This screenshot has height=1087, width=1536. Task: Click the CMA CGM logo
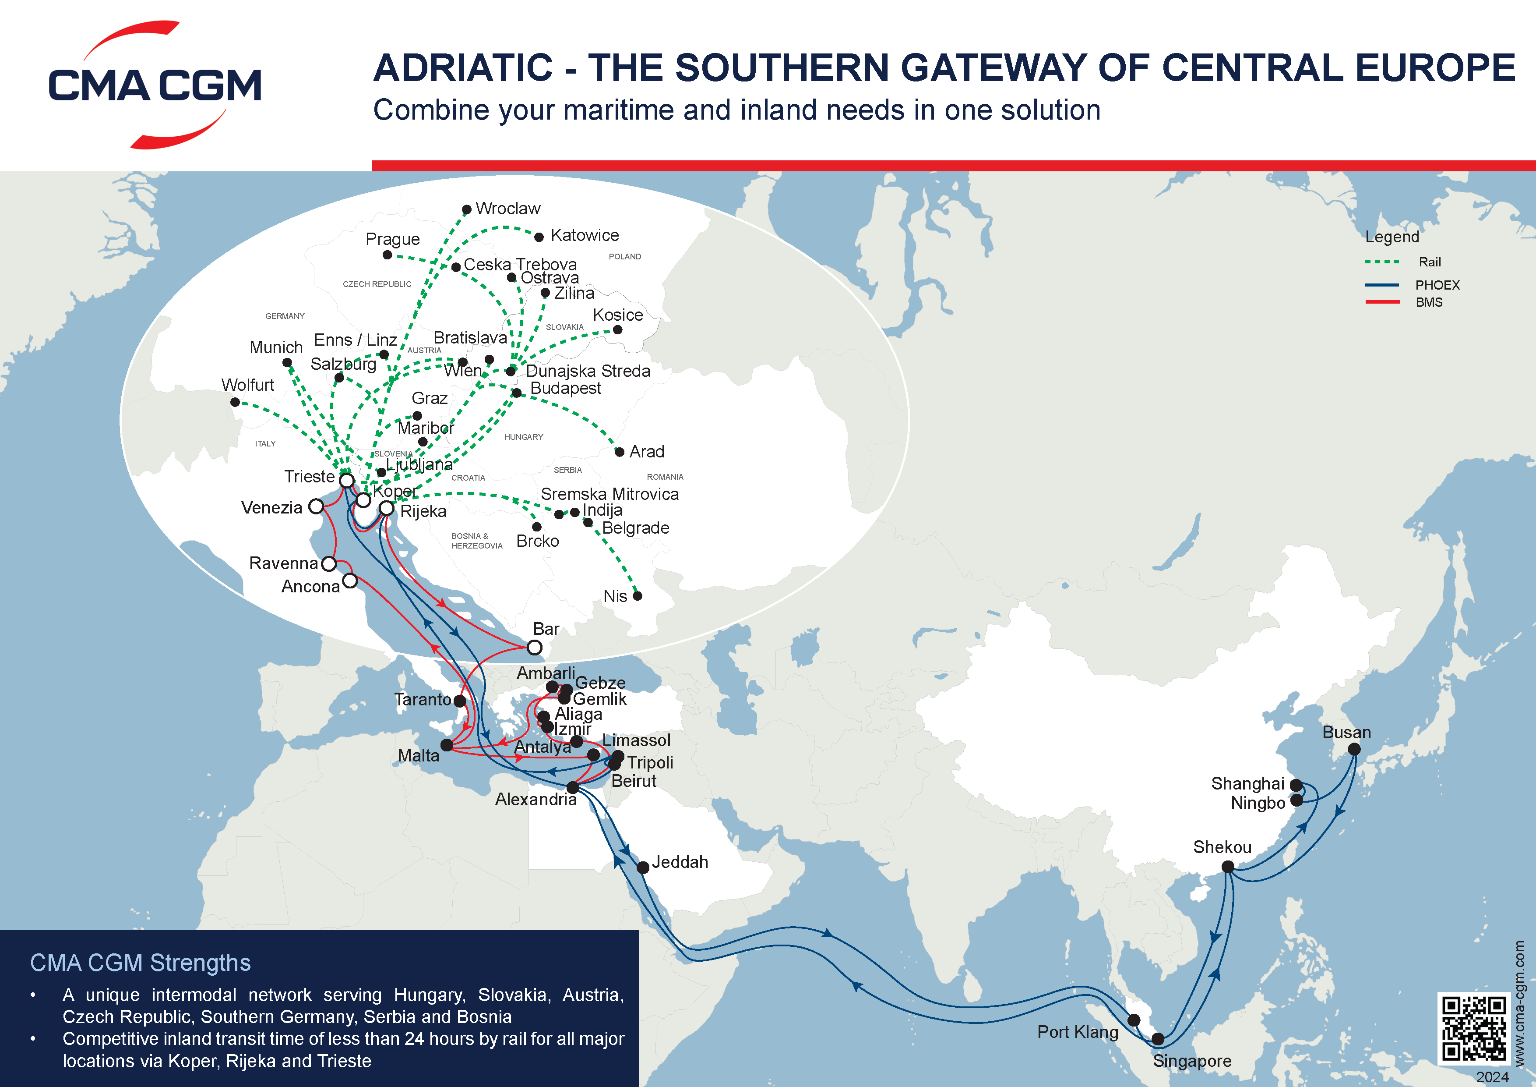[155, 85]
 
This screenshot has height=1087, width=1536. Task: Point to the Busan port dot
[1354, 749]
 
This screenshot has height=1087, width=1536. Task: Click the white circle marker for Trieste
[346, 481]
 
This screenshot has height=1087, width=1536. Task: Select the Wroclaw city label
[508, 209]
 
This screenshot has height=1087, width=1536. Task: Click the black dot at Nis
[638, 596]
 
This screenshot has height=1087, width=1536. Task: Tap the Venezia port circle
[316, 506]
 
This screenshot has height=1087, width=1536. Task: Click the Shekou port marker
[1228, 867]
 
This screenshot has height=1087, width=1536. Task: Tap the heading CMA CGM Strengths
[141, 963]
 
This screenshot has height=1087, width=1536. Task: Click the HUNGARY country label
[523, 437]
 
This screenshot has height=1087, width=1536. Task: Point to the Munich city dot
[287, 363]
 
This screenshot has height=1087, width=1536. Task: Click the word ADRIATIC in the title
[463, 68]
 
